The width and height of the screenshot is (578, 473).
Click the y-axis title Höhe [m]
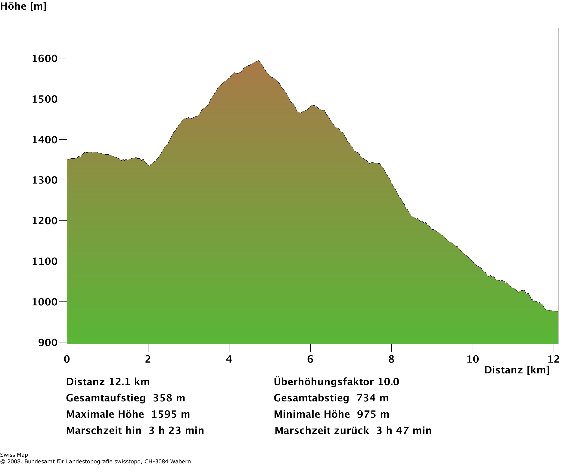tap(23, 6)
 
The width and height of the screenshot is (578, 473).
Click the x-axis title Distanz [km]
tap(517, 370)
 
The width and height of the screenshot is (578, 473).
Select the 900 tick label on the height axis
tap(48, 342)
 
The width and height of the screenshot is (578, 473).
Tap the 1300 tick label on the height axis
tap(45, 180)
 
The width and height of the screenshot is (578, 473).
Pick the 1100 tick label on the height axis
tap(45, 261)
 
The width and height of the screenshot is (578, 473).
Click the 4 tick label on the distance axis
tap(229, 359)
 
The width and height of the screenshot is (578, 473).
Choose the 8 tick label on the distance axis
tap(391, 359)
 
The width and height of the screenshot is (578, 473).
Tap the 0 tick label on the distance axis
tap(67, 359)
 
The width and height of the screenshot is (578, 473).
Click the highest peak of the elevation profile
tap(259, 61)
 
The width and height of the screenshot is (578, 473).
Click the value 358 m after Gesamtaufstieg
tap(169, 398)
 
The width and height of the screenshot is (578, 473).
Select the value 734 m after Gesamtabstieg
tap(372, 398)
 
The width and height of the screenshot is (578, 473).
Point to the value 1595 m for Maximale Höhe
tap(170, 414)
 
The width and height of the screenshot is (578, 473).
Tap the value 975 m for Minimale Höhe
tap(373, 414)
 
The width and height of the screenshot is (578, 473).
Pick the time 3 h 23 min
tap(176, 431)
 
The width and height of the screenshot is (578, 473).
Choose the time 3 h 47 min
tap(404, 431)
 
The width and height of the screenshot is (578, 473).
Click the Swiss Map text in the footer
tap(14, 455)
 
